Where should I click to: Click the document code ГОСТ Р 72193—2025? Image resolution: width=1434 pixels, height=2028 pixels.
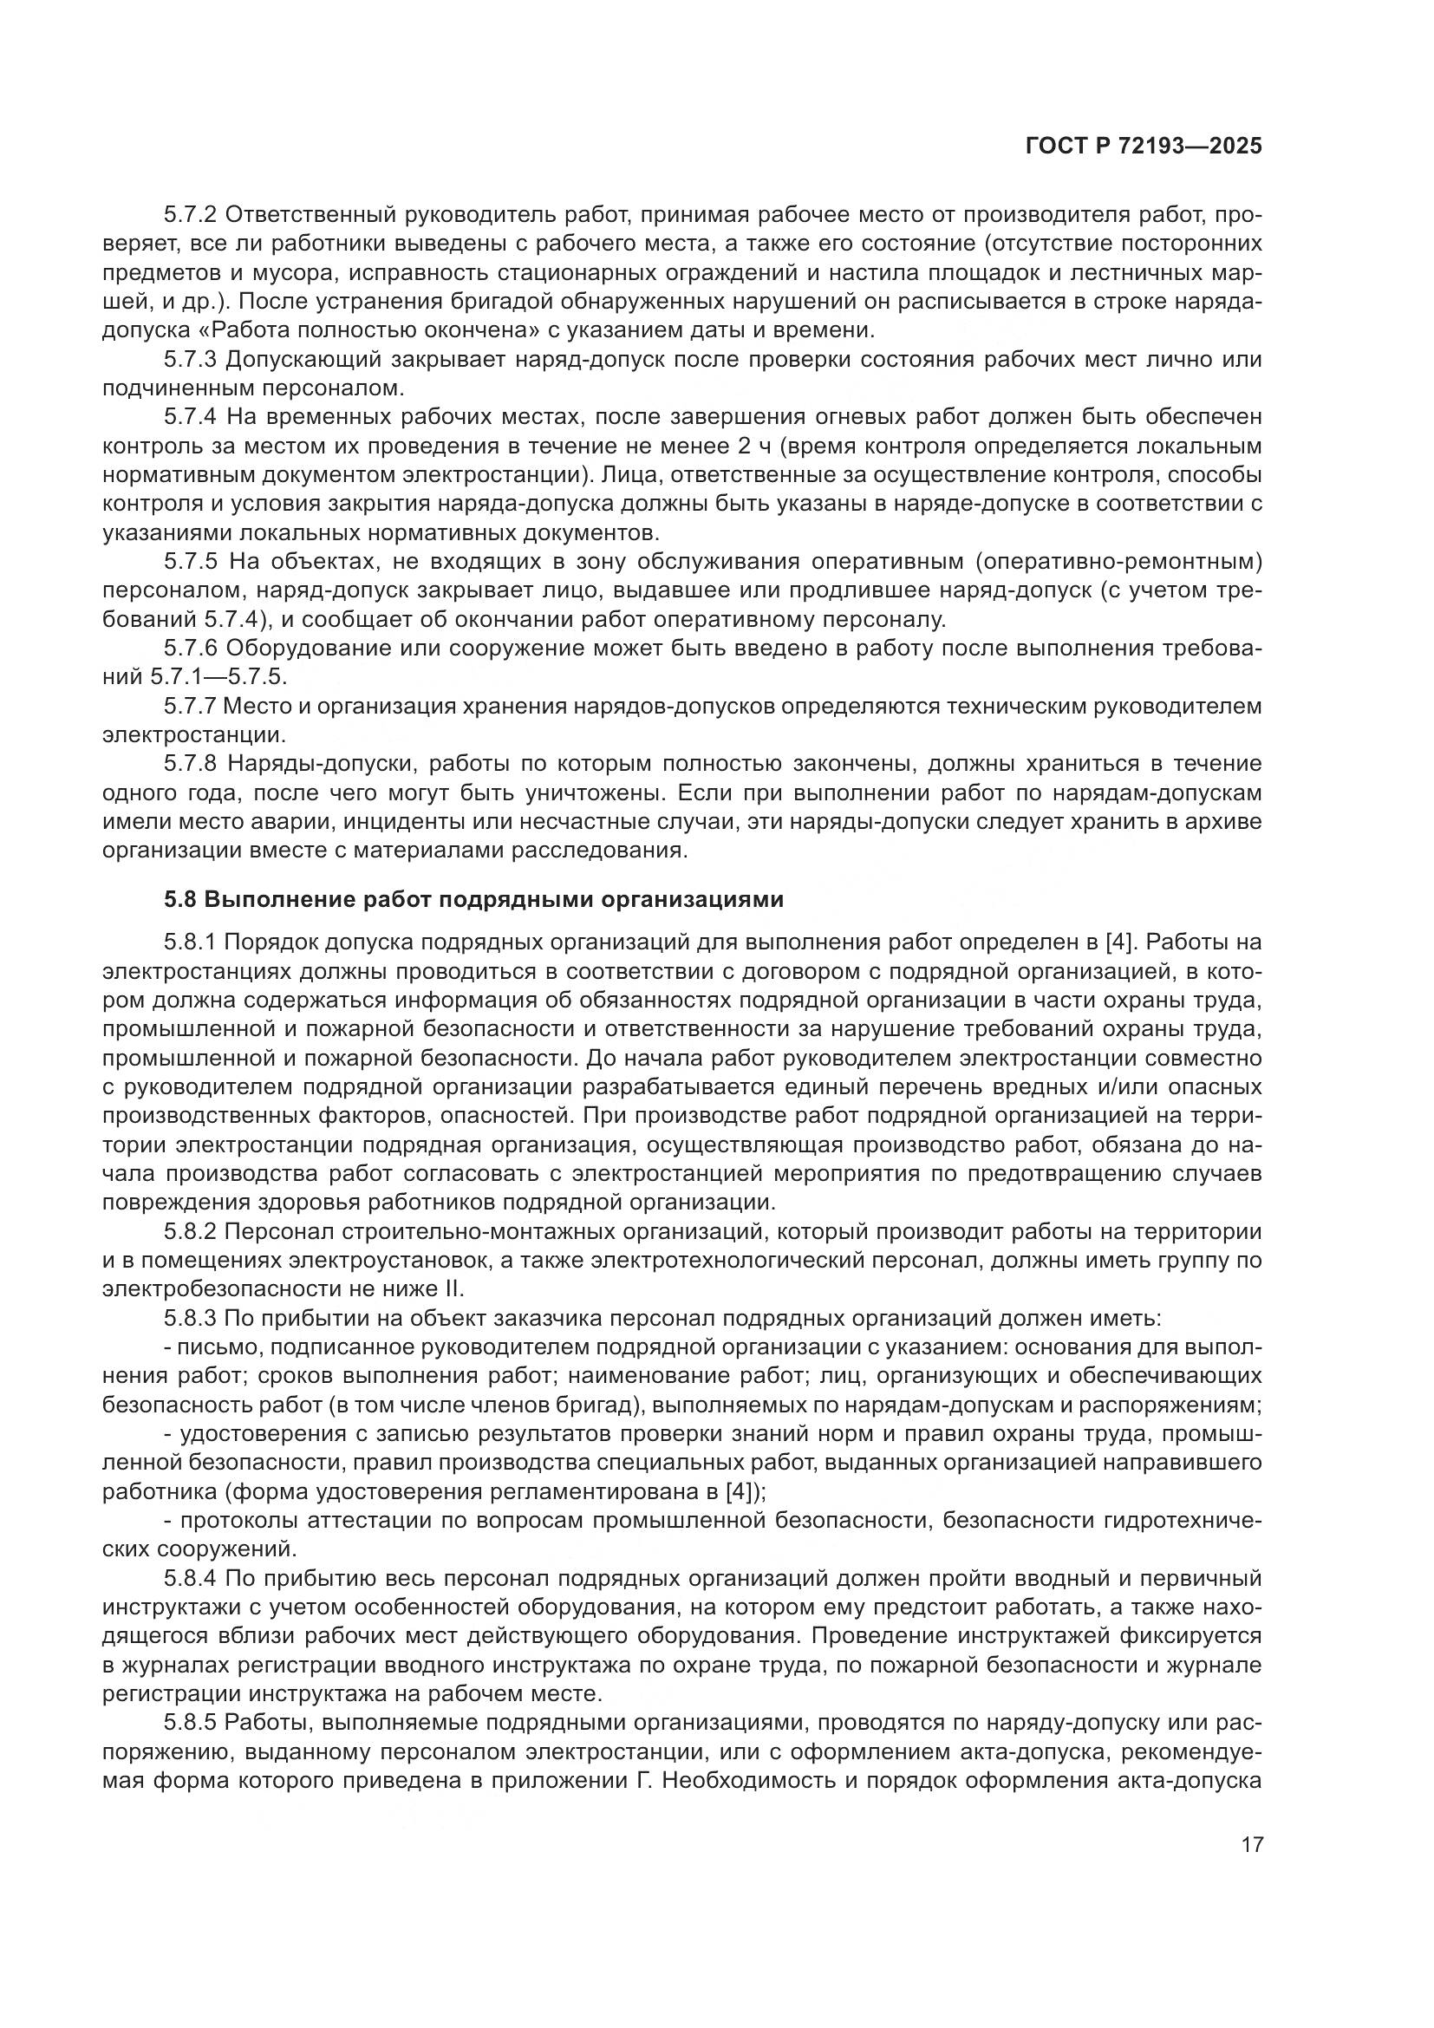coord(1144,147)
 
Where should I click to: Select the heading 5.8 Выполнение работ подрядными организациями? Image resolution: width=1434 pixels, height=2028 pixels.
coord(473,900)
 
